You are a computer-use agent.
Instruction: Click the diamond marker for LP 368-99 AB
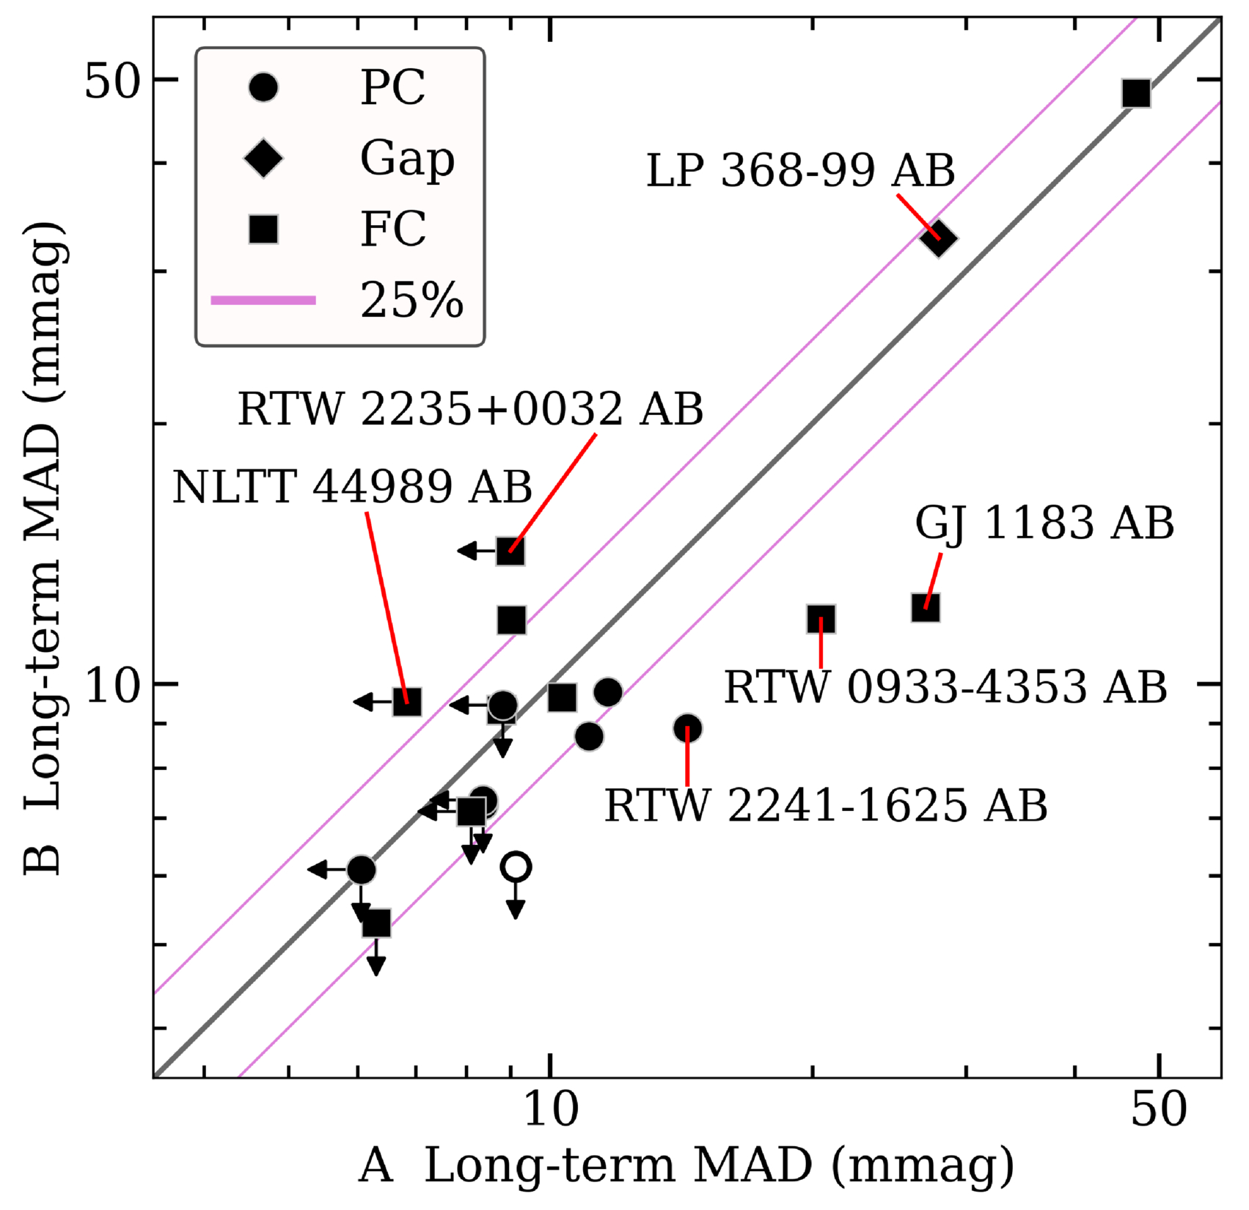[940, 238]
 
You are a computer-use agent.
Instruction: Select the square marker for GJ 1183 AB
[926, 607]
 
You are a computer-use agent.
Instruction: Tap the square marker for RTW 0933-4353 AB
[821, 619]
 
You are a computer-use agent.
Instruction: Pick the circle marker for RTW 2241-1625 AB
[687, 728]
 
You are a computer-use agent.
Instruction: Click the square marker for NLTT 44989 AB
[407, 702]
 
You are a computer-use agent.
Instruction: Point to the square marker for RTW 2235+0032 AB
[510, 551]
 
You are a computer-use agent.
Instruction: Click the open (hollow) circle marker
[516, 867]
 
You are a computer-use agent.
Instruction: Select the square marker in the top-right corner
[1135, 94]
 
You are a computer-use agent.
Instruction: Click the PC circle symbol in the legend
[263, 87]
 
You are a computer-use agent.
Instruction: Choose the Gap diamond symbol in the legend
[263, 158]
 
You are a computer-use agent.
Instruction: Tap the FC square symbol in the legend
[263, 229]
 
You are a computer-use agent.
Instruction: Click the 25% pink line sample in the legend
[263, 300]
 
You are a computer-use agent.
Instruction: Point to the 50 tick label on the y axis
[111, 82]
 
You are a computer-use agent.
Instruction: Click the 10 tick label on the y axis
[111, 688]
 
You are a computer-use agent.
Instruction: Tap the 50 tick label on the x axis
[1158, 1110]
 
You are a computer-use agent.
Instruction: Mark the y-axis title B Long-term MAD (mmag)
[45, 550]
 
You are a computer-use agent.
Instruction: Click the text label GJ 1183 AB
[1044, 524]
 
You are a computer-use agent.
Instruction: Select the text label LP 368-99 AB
[800, 171]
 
